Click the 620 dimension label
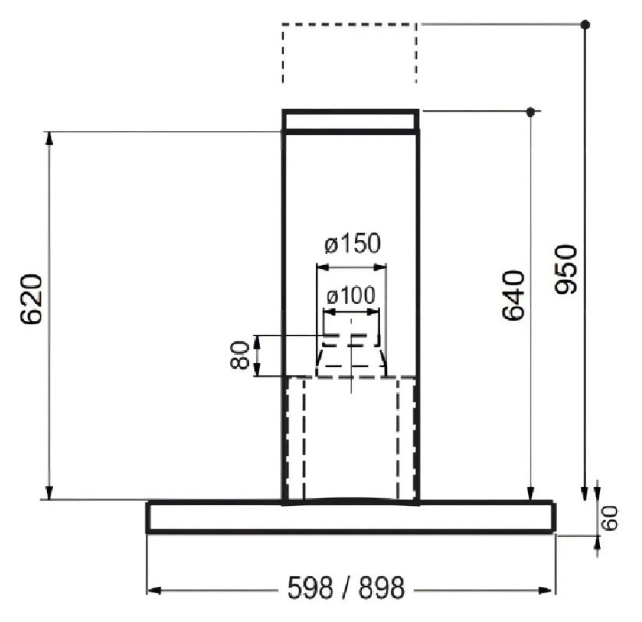click(31, 299)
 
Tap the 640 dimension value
click(513, 295)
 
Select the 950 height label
click(566, 269)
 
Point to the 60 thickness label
click(611, 518)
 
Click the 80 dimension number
click(240, 355)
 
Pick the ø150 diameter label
click(353, 243)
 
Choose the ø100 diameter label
click(351, 295)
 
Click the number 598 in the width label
click(310, 588)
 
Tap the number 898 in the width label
click(381, 588)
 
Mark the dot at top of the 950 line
click(586, 25)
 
